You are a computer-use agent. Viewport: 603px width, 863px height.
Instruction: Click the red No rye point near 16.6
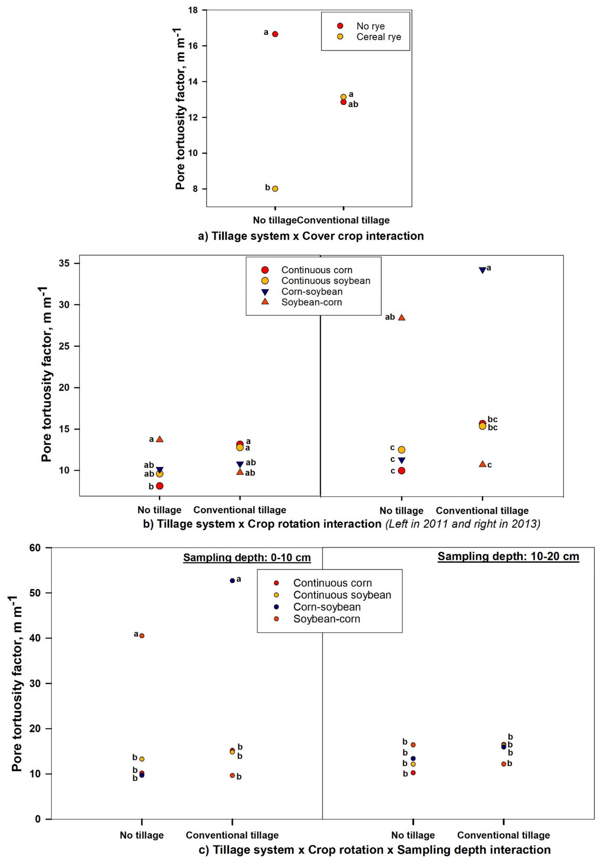[x=275, y=34]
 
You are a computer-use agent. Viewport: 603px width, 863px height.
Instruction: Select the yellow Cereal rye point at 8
[x=275, y=189]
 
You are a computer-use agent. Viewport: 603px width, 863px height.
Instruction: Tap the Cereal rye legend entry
[x=378, y=37]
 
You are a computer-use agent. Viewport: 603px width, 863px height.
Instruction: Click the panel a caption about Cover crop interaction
[x=311, y=236]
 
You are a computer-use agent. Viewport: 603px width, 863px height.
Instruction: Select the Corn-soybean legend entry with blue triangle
[x=312, y=292]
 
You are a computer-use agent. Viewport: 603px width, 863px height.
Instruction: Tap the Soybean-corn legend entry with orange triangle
[x=312, y=302]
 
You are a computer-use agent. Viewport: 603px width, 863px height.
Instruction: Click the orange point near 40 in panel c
[x=142, y=636]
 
